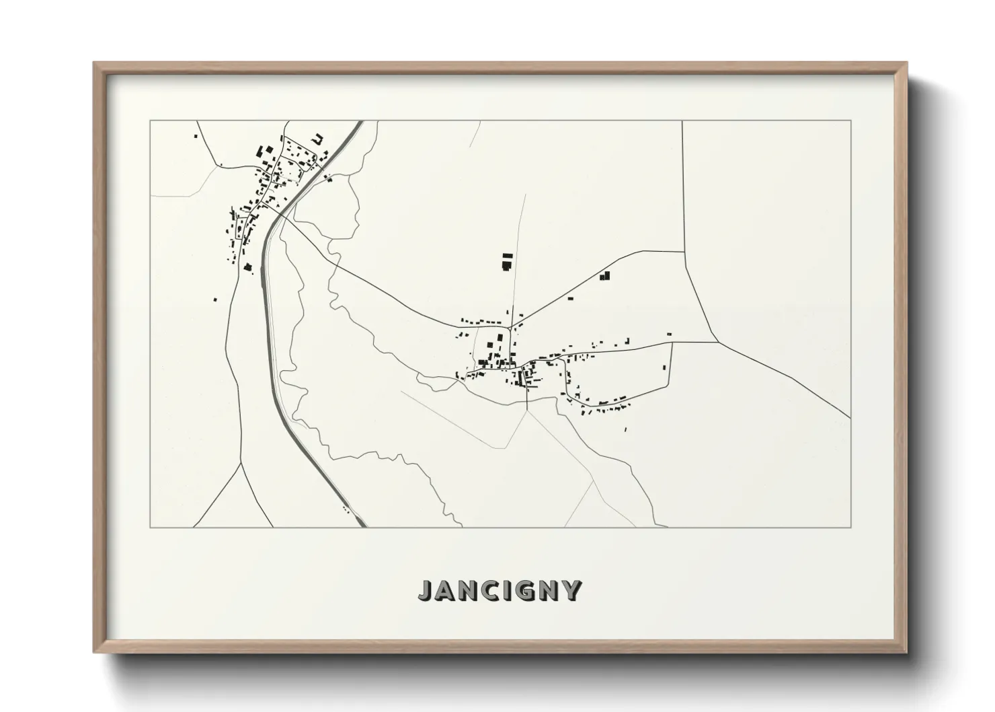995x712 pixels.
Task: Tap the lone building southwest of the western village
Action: [x=215, y=299]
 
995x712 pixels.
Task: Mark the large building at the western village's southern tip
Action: [x=247, y=267]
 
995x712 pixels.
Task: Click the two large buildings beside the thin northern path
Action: [x=507, y=262]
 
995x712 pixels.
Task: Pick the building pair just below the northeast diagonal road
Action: [x=604, y=275]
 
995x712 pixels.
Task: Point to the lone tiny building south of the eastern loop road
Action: [x=626, y=429]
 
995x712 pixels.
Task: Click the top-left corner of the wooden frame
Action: [x=95, y=64]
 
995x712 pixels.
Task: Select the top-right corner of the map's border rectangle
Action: [x=850, y=120]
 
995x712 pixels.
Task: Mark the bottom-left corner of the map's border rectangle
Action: [x=150, y=528]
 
